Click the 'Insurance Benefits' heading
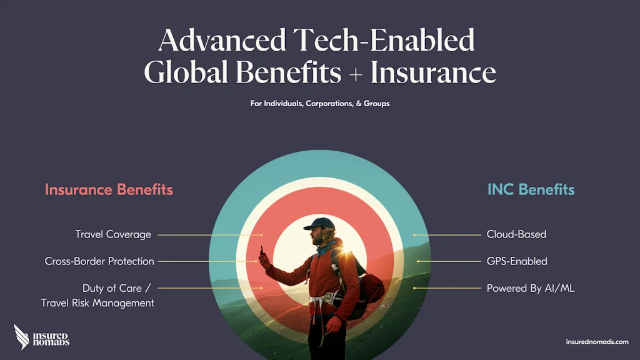tap(109, 190)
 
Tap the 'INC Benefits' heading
tap(531, 190)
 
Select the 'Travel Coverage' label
tap(113, 235)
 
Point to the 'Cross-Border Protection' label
tap(99, 261)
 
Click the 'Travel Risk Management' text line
tap(97, 303)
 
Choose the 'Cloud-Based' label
tap(516, 234)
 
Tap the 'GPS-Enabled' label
tap(517, 261)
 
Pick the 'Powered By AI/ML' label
tap(531, 288)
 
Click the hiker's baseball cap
tap(319, 224)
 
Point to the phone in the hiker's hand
tap(262, 250)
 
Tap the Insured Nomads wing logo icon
tap(21, 337)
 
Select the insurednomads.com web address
tap(597, 342)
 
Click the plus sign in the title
tap(356, 75)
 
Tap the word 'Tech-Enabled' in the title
tap(384, 40)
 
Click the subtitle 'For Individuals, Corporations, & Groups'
tap(320, 104)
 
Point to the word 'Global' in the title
tap(186, 72)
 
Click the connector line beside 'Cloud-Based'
tap(447, 235)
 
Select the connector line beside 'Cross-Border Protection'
tap(207, 261)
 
